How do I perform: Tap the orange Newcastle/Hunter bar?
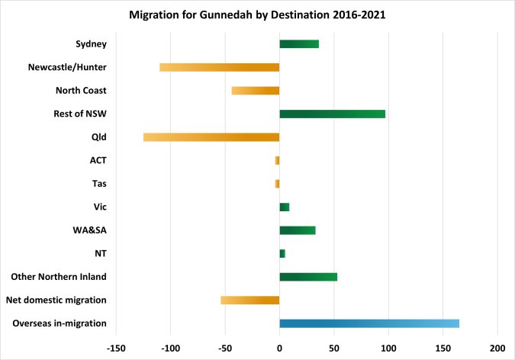click(x=220, y=67)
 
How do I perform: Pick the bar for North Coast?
click(x=256, y=91)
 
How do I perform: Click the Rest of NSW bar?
click(x=332, y=114)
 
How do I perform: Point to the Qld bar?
click(x=211, y=137)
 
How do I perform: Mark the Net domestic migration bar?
click(x=250, y=300)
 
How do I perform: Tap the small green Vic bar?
click(x=285, y=207)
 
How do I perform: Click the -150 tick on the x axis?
click(x=116, y=348)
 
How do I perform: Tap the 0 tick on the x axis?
click(x=279, y=348)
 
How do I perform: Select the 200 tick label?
click(x=497, y=348)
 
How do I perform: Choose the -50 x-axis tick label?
click(x=225, y=348)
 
